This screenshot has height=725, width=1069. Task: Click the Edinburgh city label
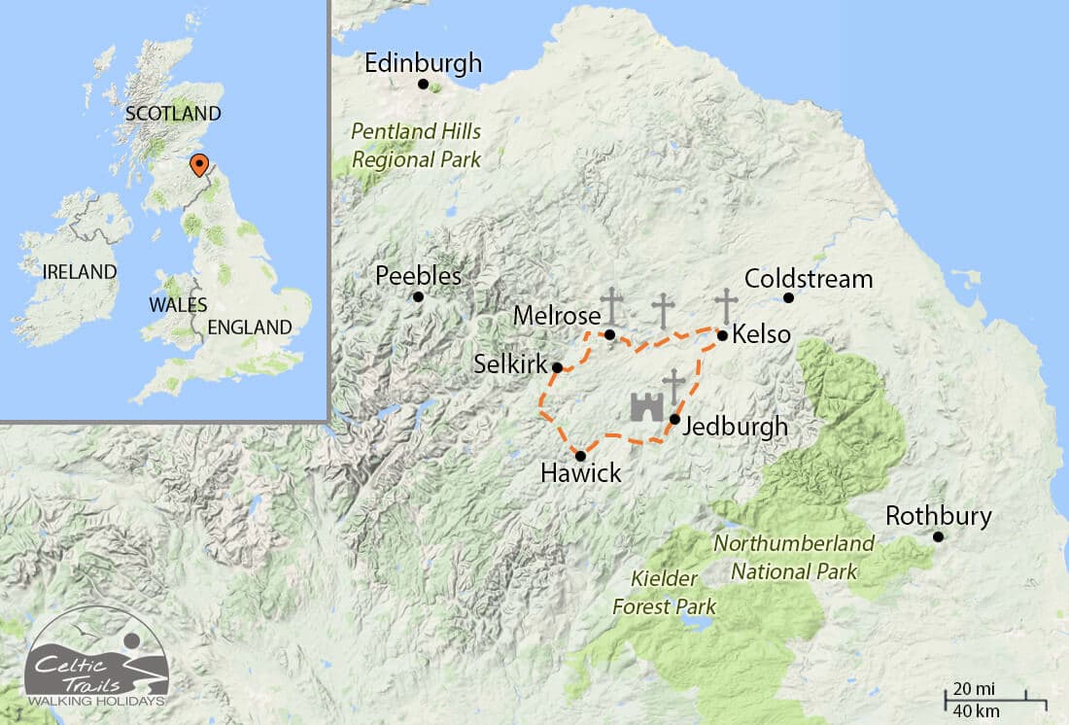coord(423,64)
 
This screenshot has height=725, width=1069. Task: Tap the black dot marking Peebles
coord(418,296)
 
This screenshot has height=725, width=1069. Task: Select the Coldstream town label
coord(809,280)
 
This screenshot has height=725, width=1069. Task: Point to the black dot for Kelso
coord(722,335)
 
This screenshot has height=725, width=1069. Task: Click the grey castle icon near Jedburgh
coord(643,406)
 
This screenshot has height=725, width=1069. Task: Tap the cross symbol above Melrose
coord(611,306)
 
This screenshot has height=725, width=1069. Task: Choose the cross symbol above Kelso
coord(726,306)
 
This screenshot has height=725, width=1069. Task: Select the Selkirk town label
coord(509,364)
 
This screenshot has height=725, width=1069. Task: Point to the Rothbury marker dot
coord(938,536)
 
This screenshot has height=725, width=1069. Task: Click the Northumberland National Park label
coord(794,557)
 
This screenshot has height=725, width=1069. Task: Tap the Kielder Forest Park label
coord(664,593)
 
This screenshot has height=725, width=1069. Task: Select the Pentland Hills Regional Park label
coord(416,145)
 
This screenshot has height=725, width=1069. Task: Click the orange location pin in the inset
coord(198,165)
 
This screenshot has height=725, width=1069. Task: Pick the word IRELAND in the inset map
coord(80,272)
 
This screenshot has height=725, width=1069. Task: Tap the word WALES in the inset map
coord(178,304)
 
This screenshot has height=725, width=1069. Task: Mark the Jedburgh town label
coord(735,427)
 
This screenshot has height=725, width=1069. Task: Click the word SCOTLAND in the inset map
coord(173,114)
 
